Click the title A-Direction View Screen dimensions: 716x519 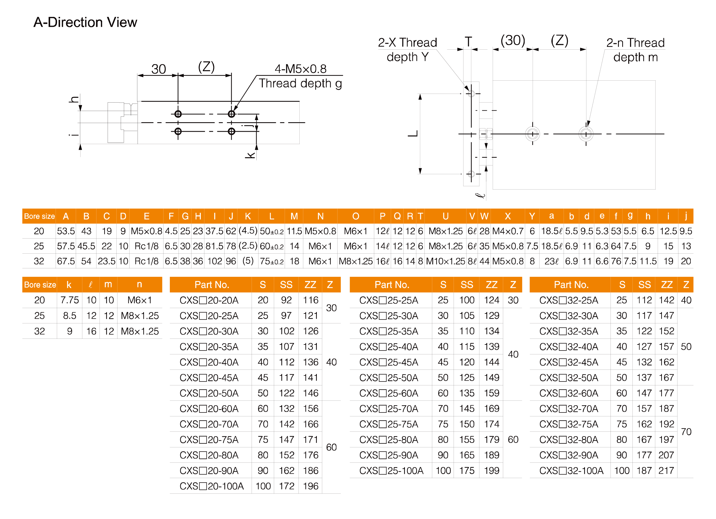point(85,23)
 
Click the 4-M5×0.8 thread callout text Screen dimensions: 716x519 point(300,69)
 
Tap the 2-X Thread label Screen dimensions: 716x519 point(407,42)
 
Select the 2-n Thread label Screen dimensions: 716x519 point(635,43)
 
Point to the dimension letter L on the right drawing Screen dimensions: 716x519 point(413,133)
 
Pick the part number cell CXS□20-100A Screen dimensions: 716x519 point(212,486)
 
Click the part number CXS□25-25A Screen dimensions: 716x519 point(389,300)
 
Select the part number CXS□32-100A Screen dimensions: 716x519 point(571,470)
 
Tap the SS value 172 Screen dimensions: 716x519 point(286,486)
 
